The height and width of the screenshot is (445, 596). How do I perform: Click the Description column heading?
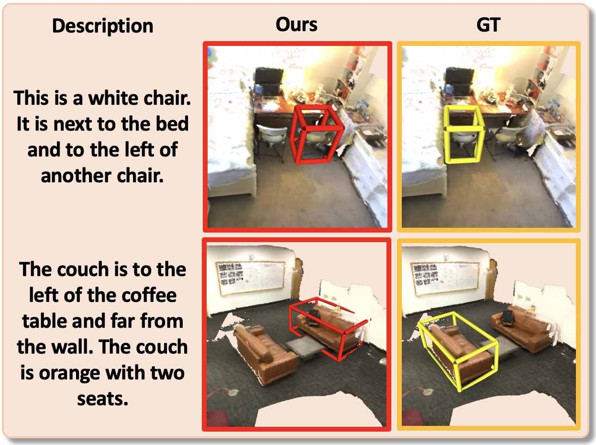[103, 26]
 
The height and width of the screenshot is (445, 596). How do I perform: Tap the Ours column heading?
[296, 24]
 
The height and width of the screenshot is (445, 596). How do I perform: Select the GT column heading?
[488, 25]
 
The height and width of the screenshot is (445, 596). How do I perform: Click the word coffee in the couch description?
[149, 295]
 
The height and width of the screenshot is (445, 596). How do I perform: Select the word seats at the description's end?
[103, 399]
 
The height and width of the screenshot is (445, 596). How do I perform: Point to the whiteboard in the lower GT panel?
[445, 278]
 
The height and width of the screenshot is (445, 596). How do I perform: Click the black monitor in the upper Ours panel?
[269, 81]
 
